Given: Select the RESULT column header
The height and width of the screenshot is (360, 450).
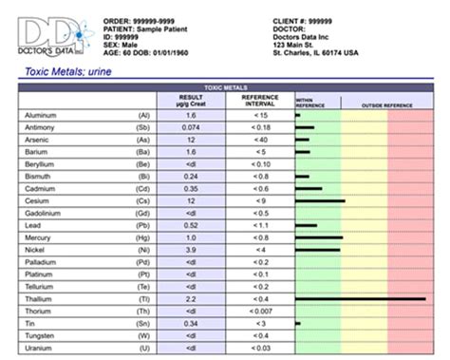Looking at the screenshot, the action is [191, 100].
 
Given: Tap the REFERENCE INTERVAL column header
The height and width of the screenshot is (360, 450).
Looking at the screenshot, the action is [259, 100].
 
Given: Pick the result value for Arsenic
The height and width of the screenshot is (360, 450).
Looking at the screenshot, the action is [191, 139].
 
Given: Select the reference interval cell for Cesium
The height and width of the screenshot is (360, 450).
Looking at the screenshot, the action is [259, 200].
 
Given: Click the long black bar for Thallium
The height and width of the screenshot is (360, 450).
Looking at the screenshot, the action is [361, 298].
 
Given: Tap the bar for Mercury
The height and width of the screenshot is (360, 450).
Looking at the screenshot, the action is [319, 237].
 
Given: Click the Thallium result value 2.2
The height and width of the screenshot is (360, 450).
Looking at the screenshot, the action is [191, 298].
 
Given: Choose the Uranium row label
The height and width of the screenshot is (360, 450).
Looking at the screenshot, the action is [43, 348].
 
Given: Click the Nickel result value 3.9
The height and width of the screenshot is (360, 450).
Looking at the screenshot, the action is [191, 249].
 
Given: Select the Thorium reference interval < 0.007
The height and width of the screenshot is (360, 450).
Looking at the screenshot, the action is [259, 311].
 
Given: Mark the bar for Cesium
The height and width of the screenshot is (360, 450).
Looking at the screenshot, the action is [320, 200].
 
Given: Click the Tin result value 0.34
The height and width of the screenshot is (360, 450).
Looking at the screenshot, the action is [191, 323].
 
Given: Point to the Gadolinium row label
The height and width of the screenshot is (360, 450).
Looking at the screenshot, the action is [47, 213].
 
